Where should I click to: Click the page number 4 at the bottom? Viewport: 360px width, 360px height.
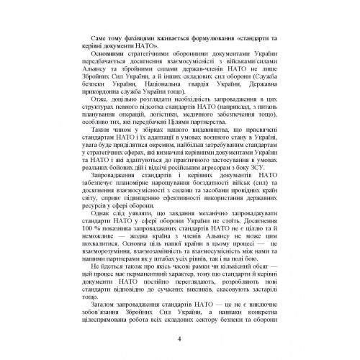[180, 341]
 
